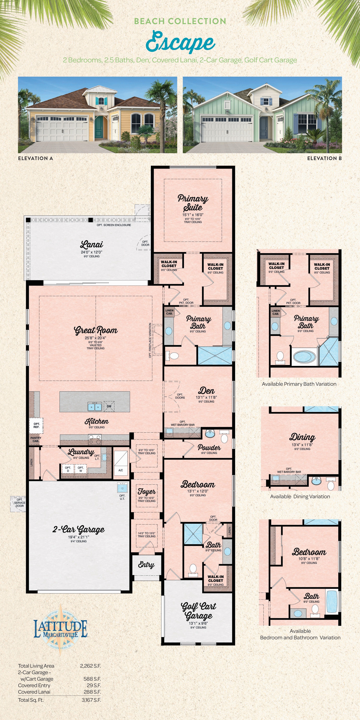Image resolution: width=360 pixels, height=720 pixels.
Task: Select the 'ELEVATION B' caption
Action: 324,158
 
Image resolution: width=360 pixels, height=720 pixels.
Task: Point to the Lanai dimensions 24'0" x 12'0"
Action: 92,252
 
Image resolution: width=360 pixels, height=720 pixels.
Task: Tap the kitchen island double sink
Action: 95,407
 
